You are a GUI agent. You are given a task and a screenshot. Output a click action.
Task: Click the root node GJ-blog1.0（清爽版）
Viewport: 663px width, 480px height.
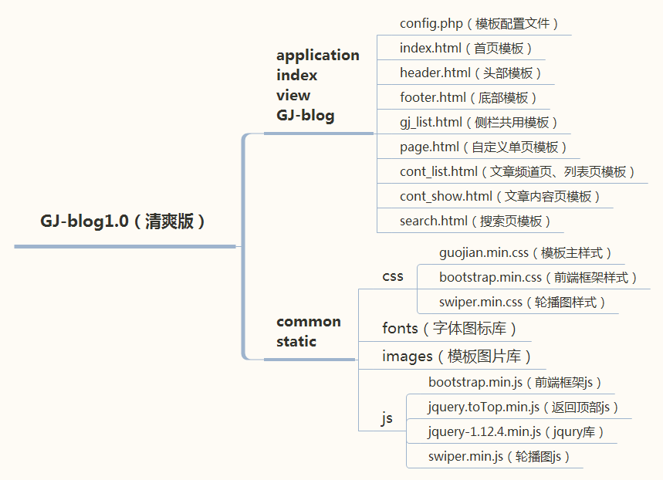[x=123, y=221]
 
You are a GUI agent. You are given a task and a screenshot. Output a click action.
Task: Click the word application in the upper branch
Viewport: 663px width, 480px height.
[x=318, y=55]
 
